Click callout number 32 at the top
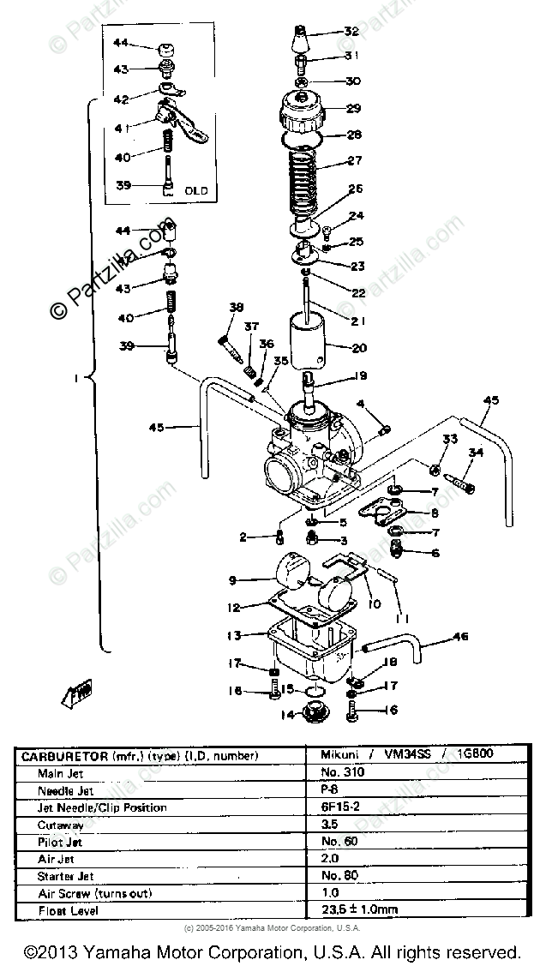(x=351, y=32)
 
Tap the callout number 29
(x=352, y=109)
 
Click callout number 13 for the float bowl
(x=234, y=636)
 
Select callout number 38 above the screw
(x=237, y=307)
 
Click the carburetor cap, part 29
(x=303, y=114)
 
